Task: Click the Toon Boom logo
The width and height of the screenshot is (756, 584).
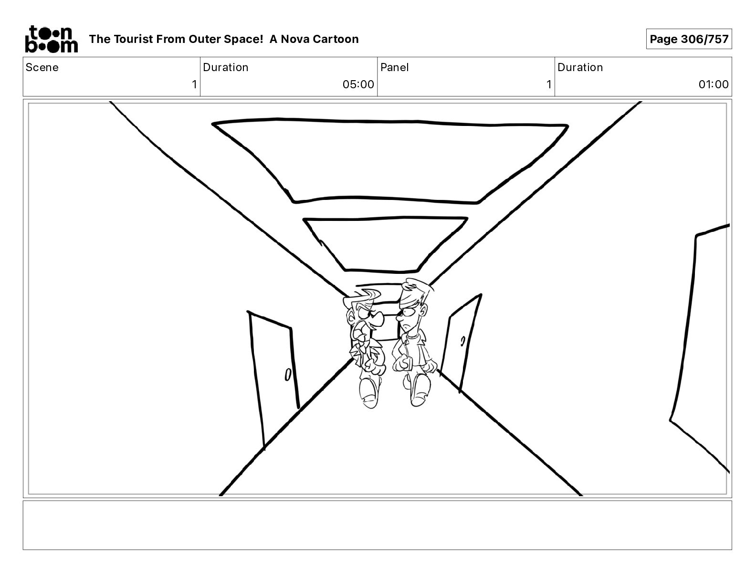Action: [51, 39]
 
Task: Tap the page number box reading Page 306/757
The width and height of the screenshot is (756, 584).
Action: [689, 39]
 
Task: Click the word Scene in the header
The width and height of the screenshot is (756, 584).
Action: [42, 67]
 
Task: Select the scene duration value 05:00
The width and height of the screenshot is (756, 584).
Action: [358, 84]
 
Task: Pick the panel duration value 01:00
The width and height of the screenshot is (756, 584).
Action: [713, 84]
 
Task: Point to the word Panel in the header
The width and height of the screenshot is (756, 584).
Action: [394, 67]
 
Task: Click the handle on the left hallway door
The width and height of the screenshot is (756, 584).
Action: [288, 375]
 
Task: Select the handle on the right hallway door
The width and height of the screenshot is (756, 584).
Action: [462, 341]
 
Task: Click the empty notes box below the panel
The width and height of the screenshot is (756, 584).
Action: [377, 525]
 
